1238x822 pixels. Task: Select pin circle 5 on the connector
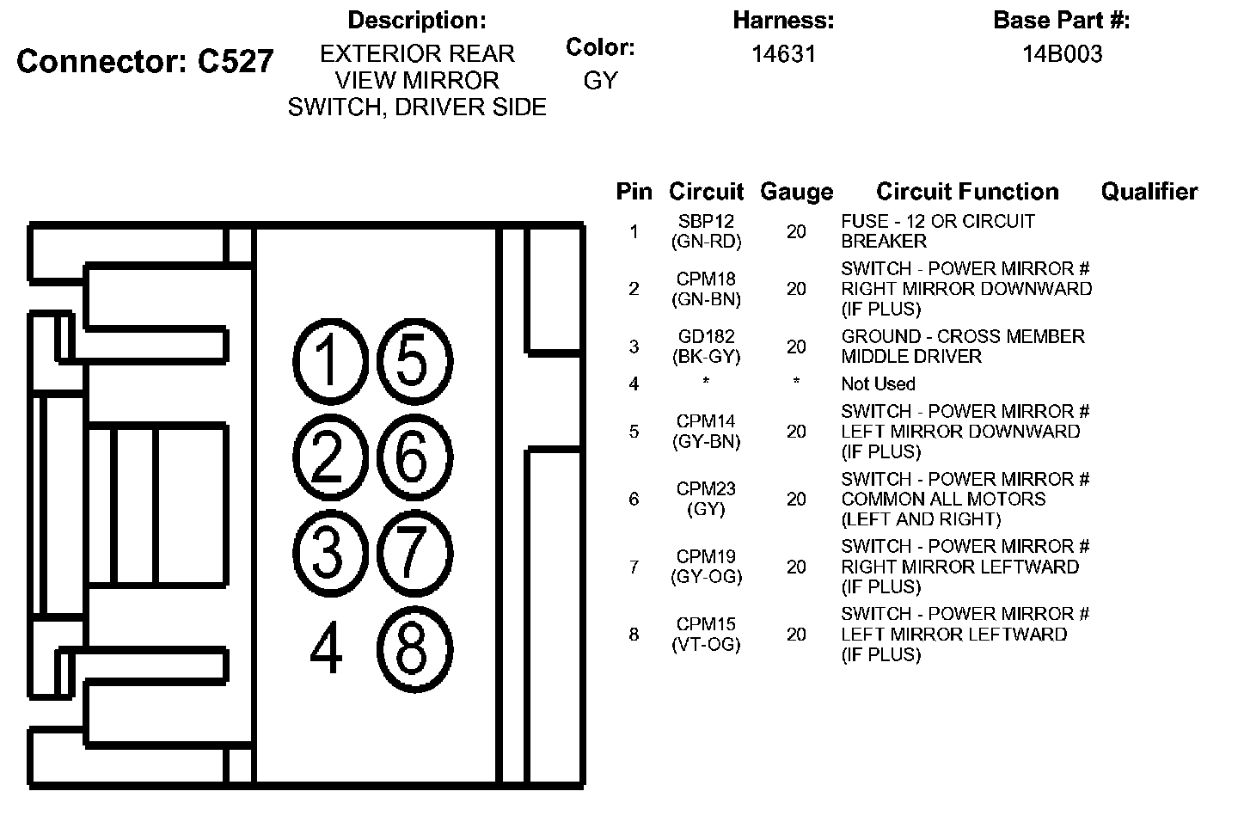(414, 360)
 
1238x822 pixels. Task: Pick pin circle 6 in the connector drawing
(414, 456)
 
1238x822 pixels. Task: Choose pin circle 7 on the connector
(414, 551)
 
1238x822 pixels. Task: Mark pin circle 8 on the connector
(414, 647)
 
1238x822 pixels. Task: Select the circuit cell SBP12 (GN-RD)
(706, 231)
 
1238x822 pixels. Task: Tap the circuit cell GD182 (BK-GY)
(706, 346)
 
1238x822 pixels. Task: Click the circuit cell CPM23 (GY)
(706, 499)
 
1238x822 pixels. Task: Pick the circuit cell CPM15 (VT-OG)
(706, 634)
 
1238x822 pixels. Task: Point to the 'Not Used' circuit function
(878, 383)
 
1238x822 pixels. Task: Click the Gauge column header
(796, 192)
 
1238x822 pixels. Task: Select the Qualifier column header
(1149, 192)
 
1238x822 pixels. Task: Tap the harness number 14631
(783, 54)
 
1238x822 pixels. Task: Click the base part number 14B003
(1062, 54)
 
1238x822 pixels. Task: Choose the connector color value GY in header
(600, 80)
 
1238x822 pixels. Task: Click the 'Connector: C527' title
(145, 61)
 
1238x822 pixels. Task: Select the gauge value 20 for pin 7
(796, 567)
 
